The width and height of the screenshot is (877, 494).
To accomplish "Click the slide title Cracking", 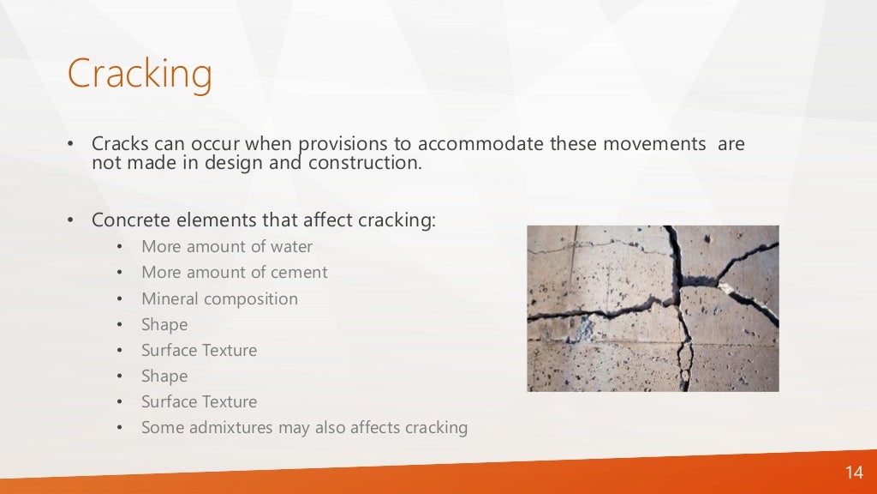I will (x=140, y=75).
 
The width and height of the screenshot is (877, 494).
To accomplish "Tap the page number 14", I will (x=854, y=473).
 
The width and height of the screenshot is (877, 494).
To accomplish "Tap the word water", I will (x=289, y=247).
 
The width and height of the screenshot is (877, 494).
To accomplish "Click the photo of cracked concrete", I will (x=653, y=308).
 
